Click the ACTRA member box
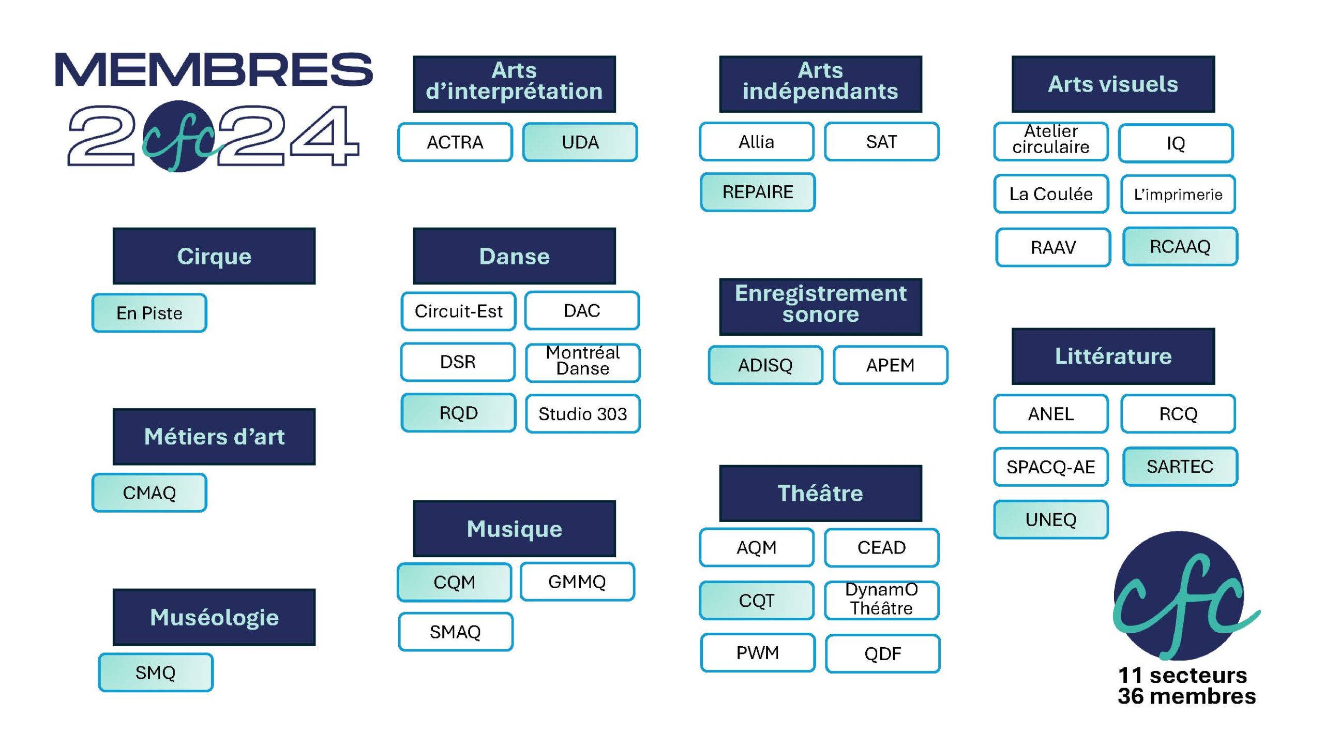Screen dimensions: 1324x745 [x=455, y=142]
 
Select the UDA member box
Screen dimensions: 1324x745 [x=580, y=142]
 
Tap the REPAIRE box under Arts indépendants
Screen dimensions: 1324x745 [x=758, y=192]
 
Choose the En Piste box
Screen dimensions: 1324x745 [x=149, y=313]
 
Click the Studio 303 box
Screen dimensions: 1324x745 [x=583, y=413]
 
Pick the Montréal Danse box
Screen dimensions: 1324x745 [x=583, y=362]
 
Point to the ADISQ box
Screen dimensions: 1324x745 [x=765, y=365]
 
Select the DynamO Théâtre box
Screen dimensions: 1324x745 [x=882, y=600]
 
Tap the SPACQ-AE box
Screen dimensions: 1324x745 [x=1051, y=467]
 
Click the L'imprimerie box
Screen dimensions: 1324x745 [x=1178, y=194]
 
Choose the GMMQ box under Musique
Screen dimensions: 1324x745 [x=577, y=582]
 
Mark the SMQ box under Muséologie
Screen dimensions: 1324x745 [x=156, y=673]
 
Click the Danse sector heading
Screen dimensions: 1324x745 [x=514, y=256]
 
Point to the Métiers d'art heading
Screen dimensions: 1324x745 [x=214, y=436]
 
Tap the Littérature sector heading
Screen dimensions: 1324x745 [x=1113, y=356]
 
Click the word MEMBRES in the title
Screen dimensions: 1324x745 [x=214, y=69]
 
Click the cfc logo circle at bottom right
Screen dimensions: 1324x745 [x=1179, y=595]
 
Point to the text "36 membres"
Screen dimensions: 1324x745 [x=1187, y=696]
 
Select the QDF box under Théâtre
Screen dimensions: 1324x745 [x=883, y=653]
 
